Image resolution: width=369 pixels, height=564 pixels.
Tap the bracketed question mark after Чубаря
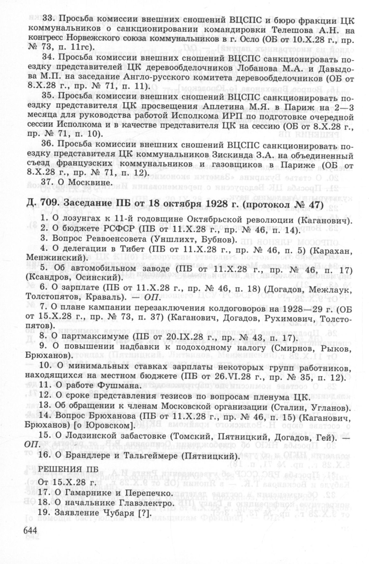coord(145,513)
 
